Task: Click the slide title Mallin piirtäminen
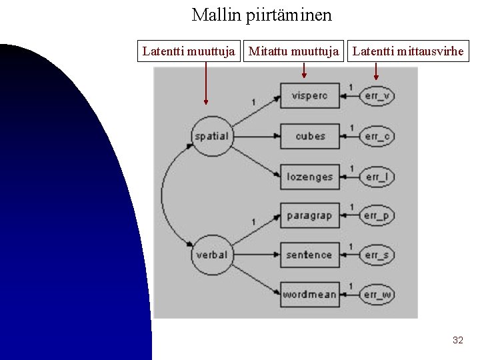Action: point(261,15)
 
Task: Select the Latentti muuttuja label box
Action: point(189,51)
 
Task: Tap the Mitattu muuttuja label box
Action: point(294,51)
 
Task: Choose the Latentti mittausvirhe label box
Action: point(407,51)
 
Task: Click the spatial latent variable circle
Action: point(211,136)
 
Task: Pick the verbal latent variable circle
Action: point(211,255)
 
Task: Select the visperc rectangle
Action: point(309,96)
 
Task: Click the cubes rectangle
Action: point(309,136)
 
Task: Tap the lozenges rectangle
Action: point(309,177)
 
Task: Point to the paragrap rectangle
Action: point(309,215)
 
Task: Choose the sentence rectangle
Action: point(309,255)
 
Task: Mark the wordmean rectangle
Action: point(309,294)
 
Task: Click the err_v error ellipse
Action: point(377,96)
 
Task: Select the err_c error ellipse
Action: point(377,136)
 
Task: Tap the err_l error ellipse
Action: point(377,177)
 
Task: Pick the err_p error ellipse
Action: point(377,215)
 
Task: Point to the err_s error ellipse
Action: point(377,255)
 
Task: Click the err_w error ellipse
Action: point(377,294)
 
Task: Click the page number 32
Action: point(457,340)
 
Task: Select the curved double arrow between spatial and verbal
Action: point(162,195)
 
